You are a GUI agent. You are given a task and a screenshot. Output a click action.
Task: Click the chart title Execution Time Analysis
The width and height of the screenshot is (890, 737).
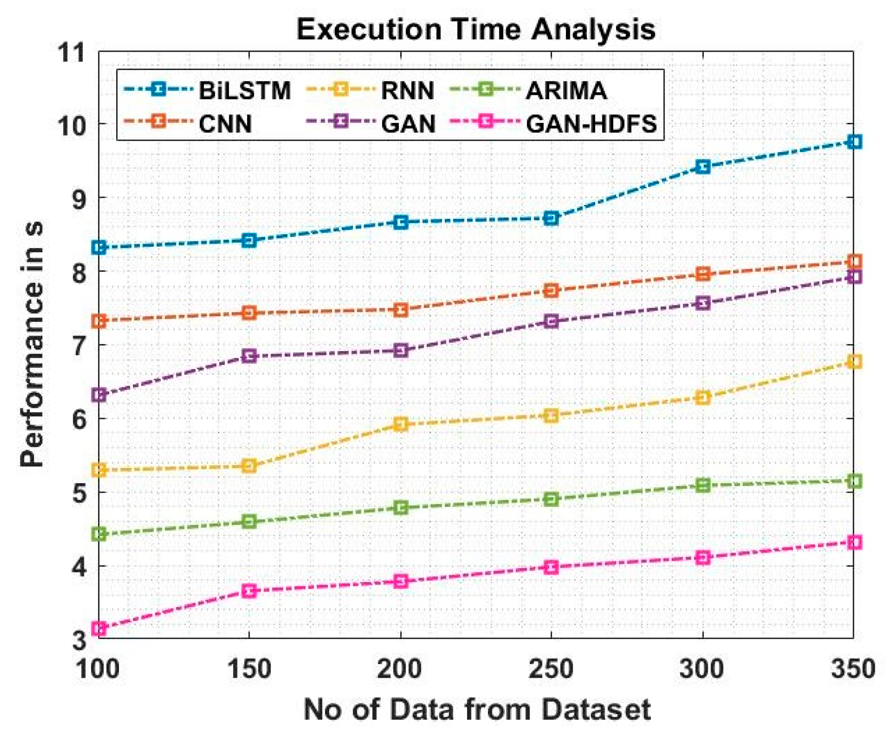475,30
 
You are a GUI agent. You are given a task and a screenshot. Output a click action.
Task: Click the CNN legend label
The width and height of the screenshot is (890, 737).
225,123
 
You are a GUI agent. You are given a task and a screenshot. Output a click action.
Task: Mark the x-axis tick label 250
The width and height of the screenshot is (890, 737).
551,669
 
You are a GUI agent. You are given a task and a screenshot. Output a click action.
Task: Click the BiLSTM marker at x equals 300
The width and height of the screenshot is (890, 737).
703,167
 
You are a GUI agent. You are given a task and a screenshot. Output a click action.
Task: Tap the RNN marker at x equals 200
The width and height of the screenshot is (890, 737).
401,424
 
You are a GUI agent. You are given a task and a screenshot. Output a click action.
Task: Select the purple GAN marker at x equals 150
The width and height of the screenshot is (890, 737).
249,356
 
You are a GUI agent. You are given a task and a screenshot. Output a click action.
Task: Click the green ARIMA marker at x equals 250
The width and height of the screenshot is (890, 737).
551,499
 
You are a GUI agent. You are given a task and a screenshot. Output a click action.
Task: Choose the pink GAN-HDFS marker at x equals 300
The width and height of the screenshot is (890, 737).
703,557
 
